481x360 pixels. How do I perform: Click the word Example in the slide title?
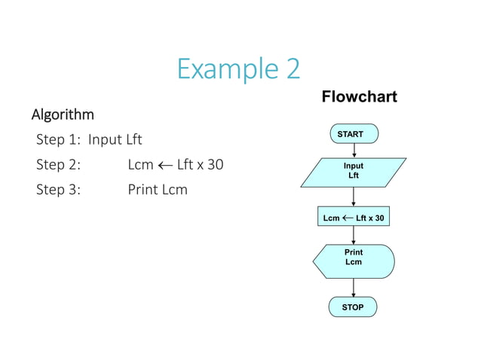tap(219, 69)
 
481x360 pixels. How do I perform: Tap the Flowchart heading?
tap(359, 97)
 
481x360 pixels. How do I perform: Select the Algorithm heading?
tap(63, 114)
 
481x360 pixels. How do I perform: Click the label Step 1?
tap(59, 139)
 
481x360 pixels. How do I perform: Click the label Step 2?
tap(59, 164)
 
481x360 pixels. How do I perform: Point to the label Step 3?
tap(59, 189)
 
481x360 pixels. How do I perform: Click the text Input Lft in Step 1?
tap(115, 139)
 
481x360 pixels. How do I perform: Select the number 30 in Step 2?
tap(215, 164)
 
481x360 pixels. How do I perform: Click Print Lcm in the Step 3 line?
tap(158, 189)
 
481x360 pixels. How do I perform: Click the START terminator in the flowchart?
tap(353, 134)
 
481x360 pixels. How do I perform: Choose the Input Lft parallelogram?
tap(353, 171)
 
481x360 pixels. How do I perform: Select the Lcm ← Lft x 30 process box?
tap(354, 218)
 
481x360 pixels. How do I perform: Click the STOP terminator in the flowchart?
tap(353, 307)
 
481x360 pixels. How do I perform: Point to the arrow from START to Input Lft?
tap(354, 150)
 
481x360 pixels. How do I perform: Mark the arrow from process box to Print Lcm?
tap(354, 235)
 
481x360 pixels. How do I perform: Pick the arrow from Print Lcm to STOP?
tap(354, 287)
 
